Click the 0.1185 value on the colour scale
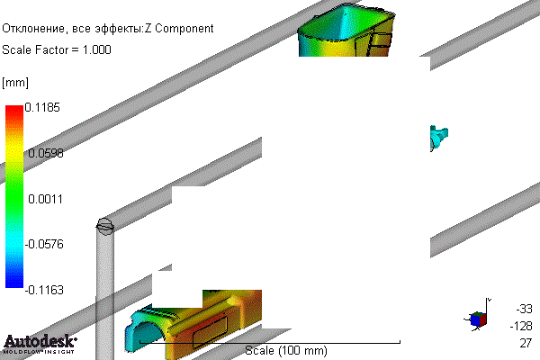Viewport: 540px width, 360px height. (x=42, y=107)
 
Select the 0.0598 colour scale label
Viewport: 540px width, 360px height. (x=46, y=153)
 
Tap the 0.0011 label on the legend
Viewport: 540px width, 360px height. (x=46, y=199)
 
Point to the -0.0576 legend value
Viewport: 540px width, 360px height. (x=44, y=244)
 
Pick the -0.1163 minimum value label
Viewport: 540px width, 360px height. (x=44, y=290)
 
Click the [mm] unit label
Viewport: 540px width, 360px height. (x=15, y=83)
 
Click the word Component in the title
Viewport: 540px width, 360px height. (x=184, y=29)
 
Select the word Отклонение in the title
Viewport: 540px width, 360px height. (x=33, y=29)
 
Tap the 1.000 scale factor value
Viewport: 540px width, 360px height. (x=97, y=50)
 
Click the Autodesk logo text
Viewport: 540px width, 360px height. (x=40, y=341)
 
